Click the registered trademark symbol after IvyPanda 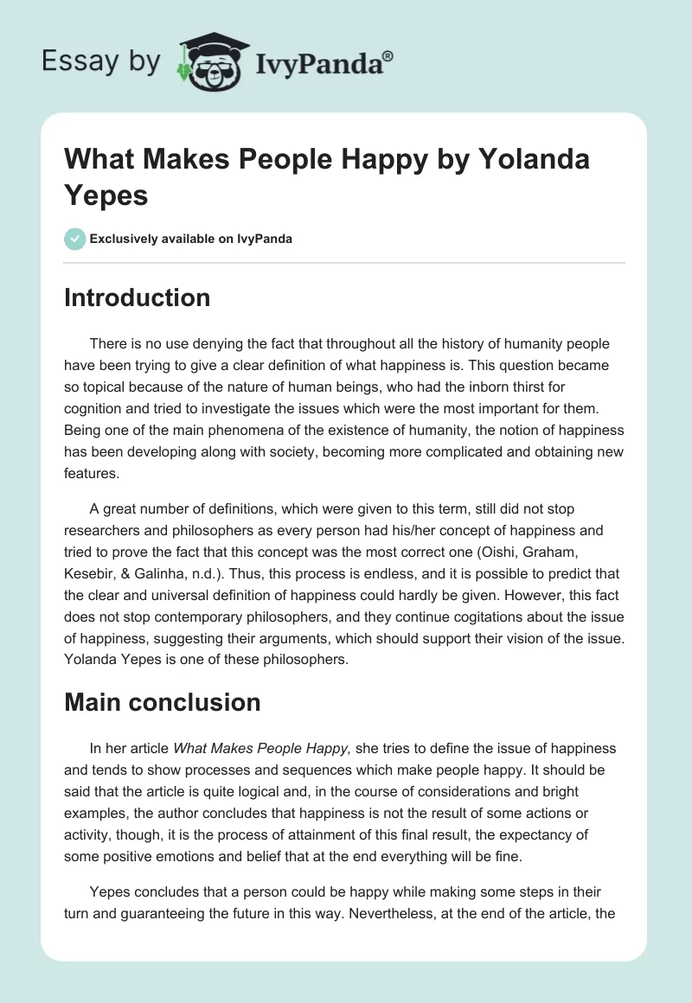[388, 56]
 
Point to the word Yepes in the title [106, 195]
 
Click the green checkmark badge [74, 238]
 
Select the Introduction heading [137, 297]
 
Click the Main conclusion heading [162, 701]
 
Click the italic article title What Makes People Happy [261, 747]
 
